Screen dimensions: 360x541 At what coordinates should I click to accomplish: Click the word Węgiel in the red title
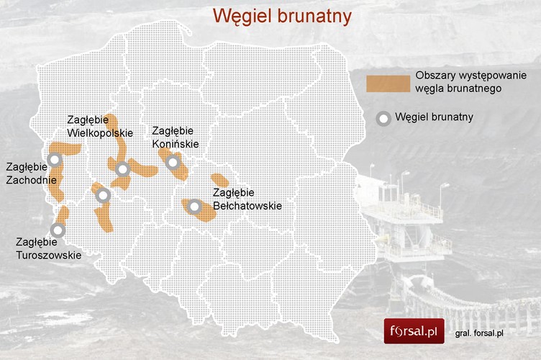pos(242,15)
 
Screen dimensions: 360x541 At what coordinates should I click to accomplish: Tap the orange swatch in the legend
pos(386,84)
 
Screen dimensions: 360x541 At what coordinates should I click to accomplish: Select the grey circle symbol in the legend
pos(385,119)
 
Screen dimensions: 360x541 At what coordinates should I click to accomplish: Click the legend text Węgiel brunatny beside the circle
pos(434,117)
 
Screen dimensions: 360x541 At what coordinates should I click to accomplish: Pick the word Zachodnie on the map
pos(27,180)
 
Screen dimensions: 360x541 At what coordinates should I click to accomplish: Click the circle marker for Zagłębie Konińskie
pos(173,163)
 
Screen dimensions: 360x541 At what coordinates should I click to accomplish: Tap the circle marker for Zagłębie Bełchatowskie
pos(194,207)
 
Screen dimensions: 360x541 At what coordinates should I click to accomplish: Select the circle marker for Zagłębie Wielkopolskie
pos(122,170)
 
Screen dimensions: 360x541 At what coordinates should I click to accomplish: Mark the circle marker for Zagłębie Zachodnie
pos(54,160)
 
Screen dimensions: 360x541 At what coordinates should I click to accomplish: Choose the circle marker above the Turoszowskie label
pos(57,230)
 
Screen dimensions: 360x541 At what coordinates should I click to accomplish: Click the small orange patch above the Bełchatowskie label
pos(219,180)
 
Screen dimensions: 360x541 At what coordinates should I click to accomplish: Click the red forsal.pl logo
pos(414,332)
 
